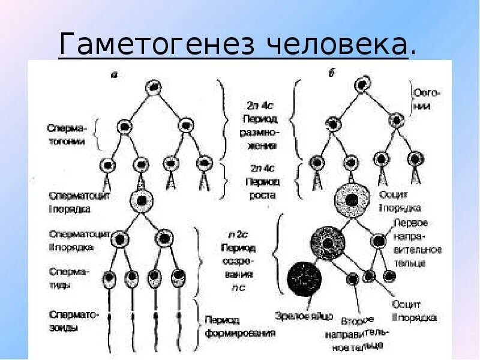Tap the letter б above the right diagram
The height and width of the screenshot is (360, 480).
331,74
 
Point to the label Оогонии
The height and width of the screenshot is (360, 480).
428,100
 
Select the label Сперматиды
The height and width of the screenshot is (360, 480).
68,278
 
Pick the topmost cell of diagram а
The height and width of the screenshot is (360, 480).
154,87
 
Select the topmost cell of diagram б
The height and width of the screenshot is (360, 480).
363,86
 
